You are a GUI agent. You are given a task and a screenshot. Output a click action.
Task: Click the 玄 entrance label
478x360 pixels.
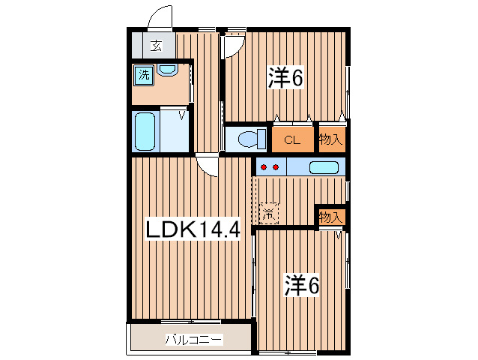[156, 46]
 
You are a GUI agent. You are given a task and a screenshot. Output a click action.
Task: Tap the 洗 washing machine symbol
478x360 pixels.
[142, 74]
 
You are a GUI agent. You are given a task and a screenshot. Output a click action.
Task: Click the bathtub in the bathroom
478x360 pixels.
[144, 132]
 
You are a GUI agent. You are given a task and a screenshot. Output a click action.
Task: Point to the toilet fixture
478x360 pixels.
[247, 138]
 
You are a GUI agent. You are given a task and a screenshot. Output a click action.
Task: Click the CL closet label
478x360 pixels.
[292, 139]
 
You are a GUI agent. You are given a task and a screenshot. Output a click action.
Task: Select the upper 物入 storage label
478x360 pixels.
[330, 139]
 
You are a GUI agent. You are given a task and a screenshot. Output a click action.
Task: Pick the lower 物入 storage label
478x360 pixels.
[330, 217]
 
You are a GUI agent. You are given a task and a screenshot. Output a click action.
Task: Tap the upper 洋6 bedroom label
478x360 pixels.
[285, 77]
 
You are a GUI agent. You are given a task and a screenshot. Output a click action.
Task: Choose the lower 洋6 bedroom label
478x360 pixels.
[301, 285]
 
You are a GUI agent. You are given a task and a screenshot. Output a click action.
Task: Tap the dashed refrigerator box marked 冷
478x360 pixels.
[268, 213]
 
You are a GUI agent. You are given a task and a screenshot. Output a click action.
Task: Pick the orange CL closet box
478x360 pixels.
[292, 139]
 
